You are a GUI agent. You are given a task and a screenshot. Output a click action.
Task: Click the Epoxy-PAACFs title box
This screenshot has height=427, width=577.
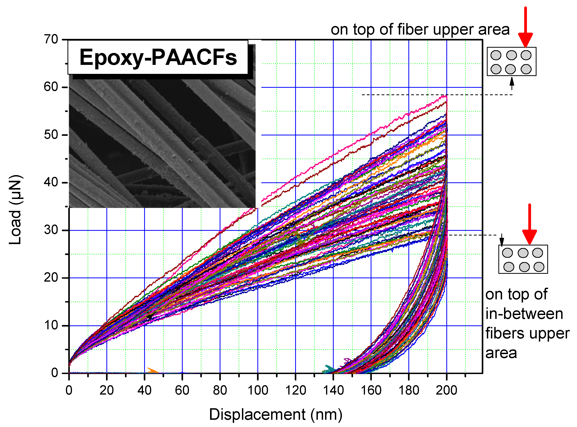coord(158,57)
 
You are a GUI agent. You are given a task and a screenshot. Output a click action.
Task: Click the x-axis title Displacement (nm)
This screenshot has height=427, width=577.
coord(275,414)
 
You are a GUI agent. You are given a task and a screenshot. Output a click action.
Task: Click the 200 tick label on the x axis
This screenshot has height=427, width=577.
coord(446,390)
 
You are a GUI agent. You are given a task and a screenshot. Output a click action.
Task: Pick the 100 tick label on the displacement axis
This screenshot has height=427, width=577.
coord(258,390)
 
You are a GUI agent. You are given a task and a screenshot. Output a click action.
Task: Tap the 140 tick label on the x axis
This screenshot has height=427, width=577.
coord(333,390)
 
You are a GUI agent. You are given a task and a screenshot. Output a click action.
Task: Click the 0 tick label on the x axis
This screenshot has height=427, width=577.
coord(69,390)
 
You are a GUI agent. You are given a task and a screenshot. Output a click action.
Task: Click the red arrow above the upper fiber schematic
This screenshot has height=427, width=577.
coord(525,28)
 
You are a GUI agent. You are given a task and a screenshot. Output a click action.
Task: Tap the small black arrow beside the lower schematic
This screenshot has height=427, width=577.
coord(502,240)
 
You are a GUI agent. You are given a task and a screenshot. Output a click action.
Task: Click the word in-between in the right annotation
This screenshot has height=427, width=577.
coord(524,314)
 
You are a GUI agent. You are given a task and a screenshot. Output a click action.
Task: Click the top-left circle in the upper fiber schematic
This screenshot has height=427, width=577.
coord(496,55)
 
